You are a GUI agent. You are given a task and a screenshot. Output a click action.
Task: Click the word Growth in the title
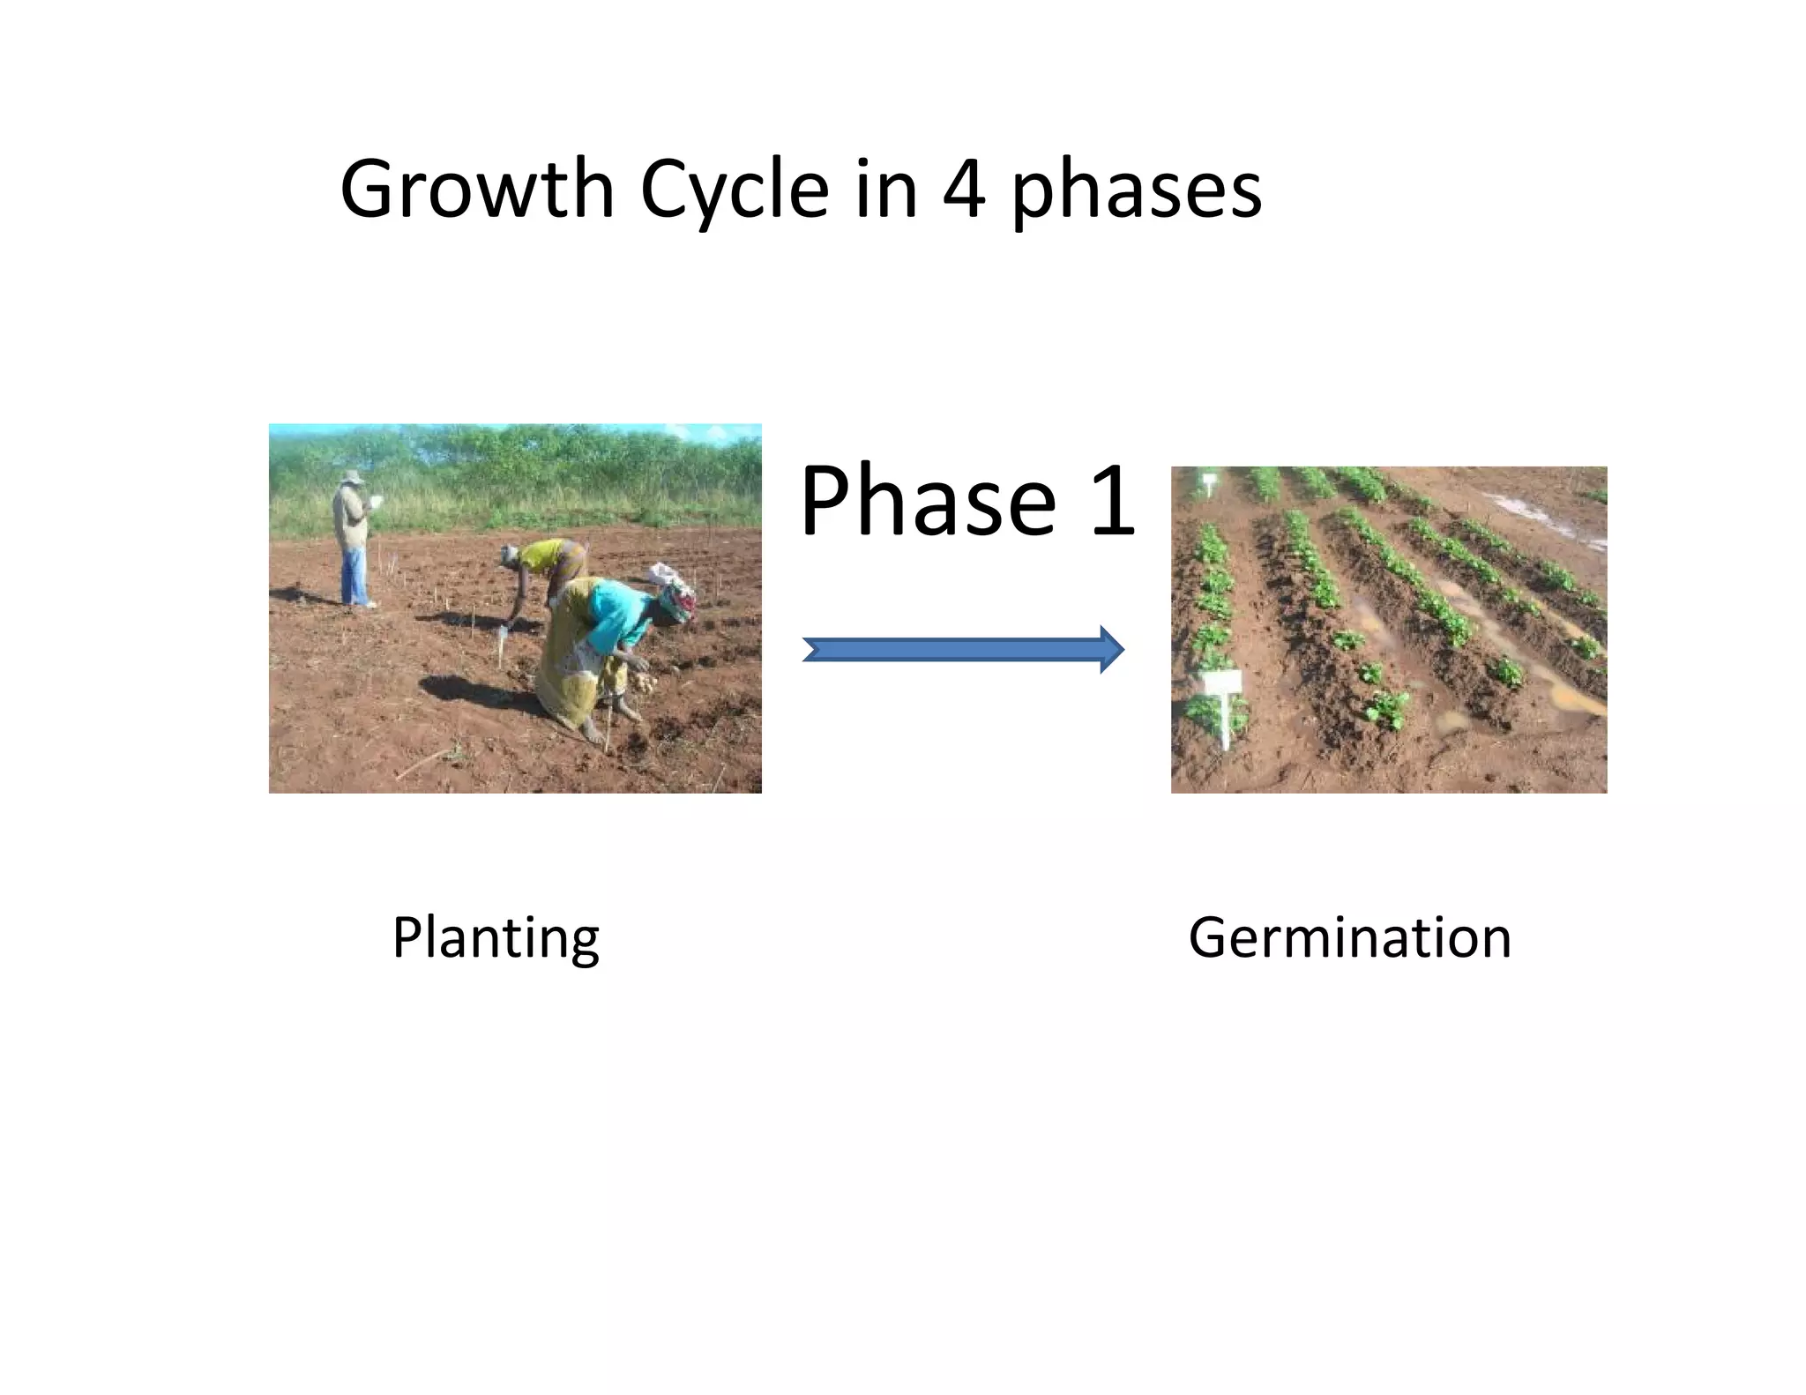476,190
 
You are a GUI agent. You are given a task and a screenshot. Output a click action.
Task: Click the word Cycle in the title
735,190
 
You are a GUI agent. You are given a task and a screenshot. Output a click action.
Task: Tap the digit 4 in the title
963,190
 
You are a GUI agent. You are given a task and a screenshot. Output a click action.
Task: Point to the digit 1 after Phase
1113,502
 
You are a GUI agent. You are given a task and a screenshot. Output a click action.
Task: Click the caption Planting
496,937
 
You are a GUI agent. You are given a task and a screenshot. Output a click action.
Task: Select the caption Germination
1349,937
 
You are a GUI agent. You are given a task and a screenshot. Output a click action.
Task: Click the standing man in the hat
353,538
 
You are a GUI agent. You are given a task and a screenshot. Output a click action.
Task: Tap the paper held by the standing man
377,502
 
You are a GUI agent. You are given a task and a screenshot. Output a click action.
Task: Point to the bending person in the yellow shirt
547,564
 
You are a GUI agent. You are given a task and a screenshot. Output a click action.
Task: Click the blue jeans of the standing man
354,578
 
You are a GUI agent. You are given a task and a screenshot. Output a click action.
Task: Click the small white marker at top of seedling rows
1208,483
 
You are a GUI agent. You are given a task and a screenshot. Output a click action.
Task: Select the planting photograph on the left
515,608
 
